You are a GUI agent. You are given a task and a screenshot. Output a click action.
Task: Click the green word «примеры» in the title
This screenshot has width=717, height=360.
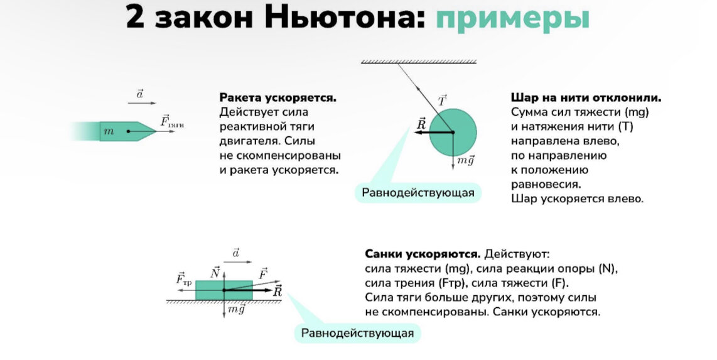(512, 18)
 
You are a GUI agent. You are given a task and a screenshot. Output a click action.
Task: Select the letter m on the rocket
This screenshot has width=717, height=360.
(109, 131)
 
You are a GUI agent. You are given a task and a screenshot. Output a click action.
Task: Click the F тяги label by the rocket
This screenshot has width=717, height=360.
(171, 121)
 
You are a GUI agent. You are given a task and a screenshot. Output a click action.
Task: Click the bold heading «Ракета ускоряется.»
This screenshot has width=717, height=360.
(278, 98)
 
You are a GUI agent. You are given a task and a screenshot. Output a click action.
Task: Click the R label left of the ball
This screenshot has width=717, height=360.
(421, 124)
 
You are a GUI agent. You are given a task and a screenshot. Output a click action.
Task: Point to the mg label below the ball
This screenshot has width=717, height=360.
(465, 161)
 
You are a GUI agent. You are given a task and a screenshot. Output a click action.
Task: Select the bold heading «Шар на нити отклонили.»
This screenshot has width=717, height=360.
(586, 99)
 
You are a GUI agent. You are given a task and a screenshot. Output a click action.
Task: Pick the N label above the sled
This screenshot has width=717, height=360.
(215, 272)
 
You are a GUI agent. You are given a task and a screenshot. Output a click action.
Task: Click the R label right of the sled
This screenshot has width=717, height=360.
(278, 291)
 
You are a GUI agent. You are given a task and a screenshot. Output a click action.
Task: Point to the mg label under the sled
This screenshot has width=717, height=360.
(236, 309)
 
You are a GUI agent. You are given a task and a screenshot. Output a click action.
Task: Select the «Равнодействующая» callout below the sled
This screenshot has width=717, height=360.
(358, 332)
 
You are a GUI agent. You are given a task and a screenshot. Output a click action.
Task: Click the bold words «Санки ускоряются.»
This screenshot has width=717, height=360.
(423, 254)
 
